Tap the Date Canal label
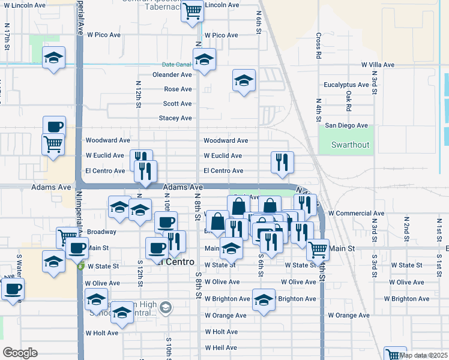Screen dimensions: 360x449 176,65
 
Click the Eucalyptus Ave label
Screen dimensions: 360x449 346,85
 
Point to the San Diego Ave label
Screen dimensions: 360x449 346,125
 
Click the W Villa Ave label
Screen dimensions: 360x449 377,65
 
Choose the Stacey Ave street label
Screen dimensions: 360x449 175,118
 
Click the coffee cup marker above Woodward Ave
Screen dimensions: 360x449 54,127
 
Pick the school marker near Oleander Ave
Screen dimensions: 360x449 204,60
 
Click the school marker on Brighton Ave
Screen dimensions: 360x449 264,299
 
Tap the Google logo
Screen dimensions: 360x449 20,353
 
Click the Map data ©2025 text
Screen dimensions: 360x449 423,355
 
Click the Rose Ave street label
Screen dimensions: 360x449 178,89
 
